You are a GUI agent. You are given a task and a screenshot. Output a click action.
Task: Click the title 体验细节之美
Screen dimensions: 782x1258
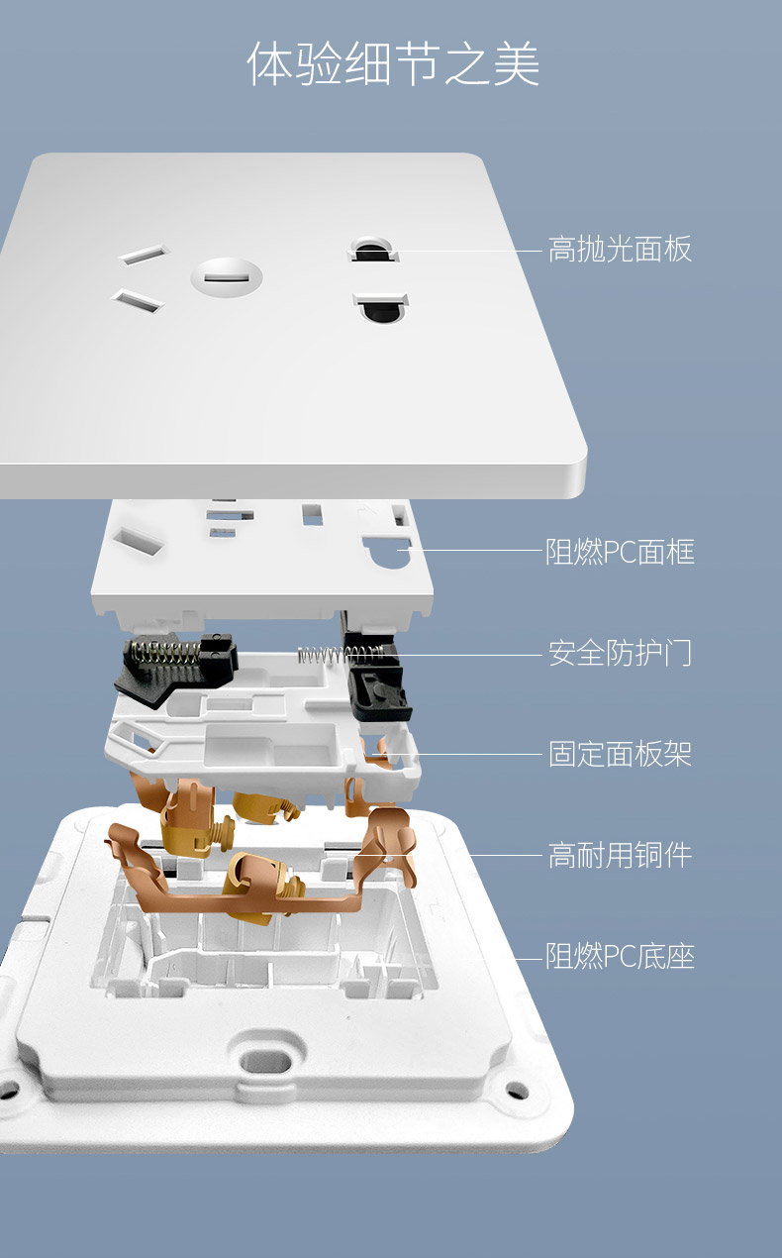pos(393,63)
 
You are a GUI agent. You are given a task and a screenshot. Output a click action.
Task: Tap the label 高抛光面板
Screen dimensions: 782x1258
pos(620,249)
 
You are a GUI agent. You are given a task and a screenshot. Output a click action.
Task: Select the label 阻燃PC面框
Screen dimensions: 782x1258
pos(621,552)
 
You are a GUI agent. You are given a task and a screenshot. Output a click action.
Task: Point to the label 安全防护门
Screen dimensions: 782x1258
pos(620,653)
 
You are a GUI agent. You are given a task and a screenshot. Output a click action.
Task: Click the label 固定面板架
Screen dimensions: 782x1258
pos(620,754)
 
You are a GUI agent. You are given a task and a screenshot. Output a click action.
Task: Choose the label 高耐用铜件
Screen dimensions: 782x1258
pos(620,855)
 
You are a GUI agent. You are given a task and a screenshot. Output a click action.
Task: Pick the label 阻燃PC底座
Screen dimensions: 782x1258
pos(621,956)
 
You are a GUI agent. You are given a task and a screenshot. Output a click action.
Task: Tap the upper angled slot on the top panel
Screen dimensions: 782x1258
pos(144,255)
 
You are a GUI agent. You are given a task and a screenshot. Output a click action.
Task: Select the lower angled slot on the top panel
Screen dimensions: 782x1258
pos(138,300)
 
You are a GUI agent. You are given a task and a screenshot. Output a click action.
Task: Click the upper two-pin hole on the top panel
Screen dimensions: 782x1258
pos(373,250)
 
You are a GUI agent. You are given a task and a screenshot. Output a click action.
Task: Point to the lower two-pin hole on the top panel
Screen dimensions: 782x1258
pos(381,307)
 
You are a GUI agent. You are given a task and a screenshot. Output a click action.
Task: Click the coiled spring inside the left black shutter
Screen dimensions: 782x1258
pos(164,655)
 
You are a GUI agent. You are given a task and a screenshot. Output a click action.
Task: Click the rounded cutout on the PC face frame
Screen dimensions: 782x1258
pos(388,553)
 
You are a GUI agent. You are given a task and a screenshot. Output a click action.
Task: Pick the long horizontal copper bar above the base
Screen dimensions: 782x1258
pos(247,902)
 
